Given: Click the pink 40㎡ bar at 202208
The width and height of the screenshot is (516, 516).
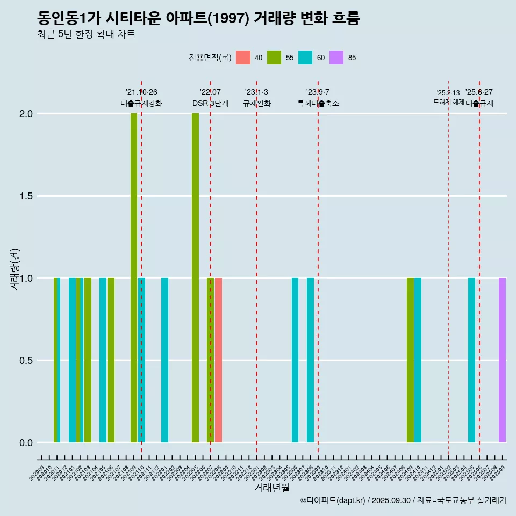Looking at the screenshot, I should coord(219,360).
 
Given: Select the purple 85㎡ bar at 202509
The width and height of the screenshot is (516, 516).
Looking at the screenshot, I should coord(502,360).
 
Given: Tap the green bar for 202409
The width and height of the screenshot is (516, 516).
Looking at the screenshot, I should coord(410,360).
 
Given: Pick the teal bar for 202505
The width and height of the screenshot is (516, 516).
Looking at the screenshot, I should coord(471,360).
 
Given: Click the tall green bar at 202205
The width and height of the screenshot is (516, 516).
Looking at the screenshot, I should coord(195,278).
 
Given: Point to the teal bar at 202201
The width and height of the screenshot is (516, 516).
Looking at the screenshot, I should coord(164,360).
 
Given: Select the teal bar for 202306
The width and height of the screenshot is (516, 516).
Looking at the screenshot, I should coord(295,360).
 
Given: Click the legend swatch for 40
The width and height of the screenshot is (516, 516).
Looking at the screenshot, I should coord(243,58).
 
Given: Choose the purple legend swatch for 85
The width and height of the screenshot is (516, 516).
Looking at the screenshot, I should coord(336,58).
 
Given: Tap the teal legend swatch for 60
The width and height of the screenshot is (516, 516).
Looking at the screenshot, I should coord(305,58).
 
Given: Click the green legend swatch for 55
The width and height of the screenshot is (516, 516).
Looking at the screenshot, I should coord(274,58).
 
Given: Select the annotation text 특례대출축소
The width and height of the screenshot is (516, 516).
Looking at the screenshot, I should coord(318,103).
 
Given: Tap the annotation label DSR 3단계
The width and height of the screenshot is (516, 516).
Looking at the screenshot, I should coord(211,103).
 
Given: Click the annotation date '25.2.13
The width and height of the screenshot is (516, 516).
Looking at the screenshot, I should coord(448,93).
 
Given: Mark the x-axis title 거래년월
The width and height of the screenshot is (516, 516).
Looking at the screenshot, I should coord(271,488).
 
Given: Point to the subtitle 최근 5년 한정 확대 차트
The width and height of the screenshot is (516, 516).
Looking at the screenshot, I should coord(86,34).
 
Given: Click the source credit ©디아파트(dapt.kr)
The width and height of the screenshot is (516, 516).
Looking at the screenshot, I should coord(333,500).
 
